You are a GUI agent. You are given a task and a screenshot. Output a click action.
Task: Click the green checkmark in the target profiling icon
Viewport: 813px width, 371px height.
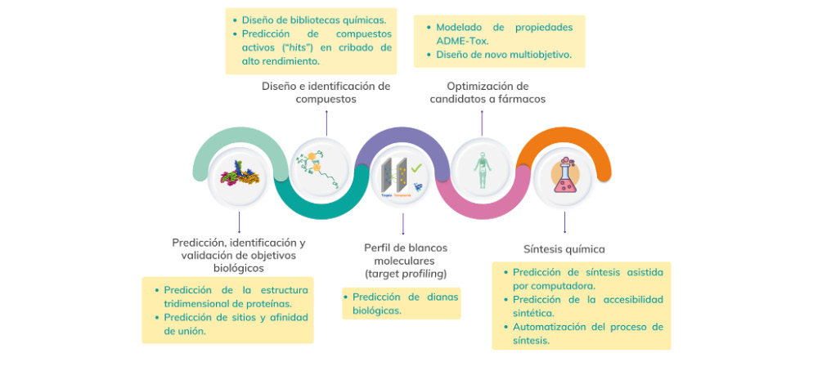[x=416, y=167]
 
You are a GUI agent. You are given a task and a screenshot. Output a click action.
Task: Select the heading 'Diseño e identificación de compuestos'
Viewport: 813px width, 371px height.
[x=326, y=92]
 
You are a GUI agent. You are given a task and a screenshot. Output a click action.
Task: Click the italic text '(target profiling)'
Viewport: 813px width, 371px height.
[x=406, y=272]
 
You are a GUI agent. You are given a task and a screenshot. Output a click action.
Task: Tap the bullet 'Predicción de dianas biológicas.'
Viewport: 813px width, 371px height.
[x=401, y=303]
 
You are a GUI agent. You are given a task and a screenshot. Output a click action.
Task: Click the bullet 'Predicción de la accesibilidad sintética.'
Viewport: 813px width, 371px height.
[x=586, y=306]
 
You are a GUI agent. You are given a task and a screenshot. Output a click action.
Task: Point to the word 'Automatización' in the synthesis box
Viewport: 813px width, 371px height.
[x=550, y=327]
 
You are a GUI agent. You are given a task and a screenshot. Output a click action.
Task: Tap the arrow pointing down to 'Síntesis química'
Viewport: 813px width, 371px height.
[x=564, y=222]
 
